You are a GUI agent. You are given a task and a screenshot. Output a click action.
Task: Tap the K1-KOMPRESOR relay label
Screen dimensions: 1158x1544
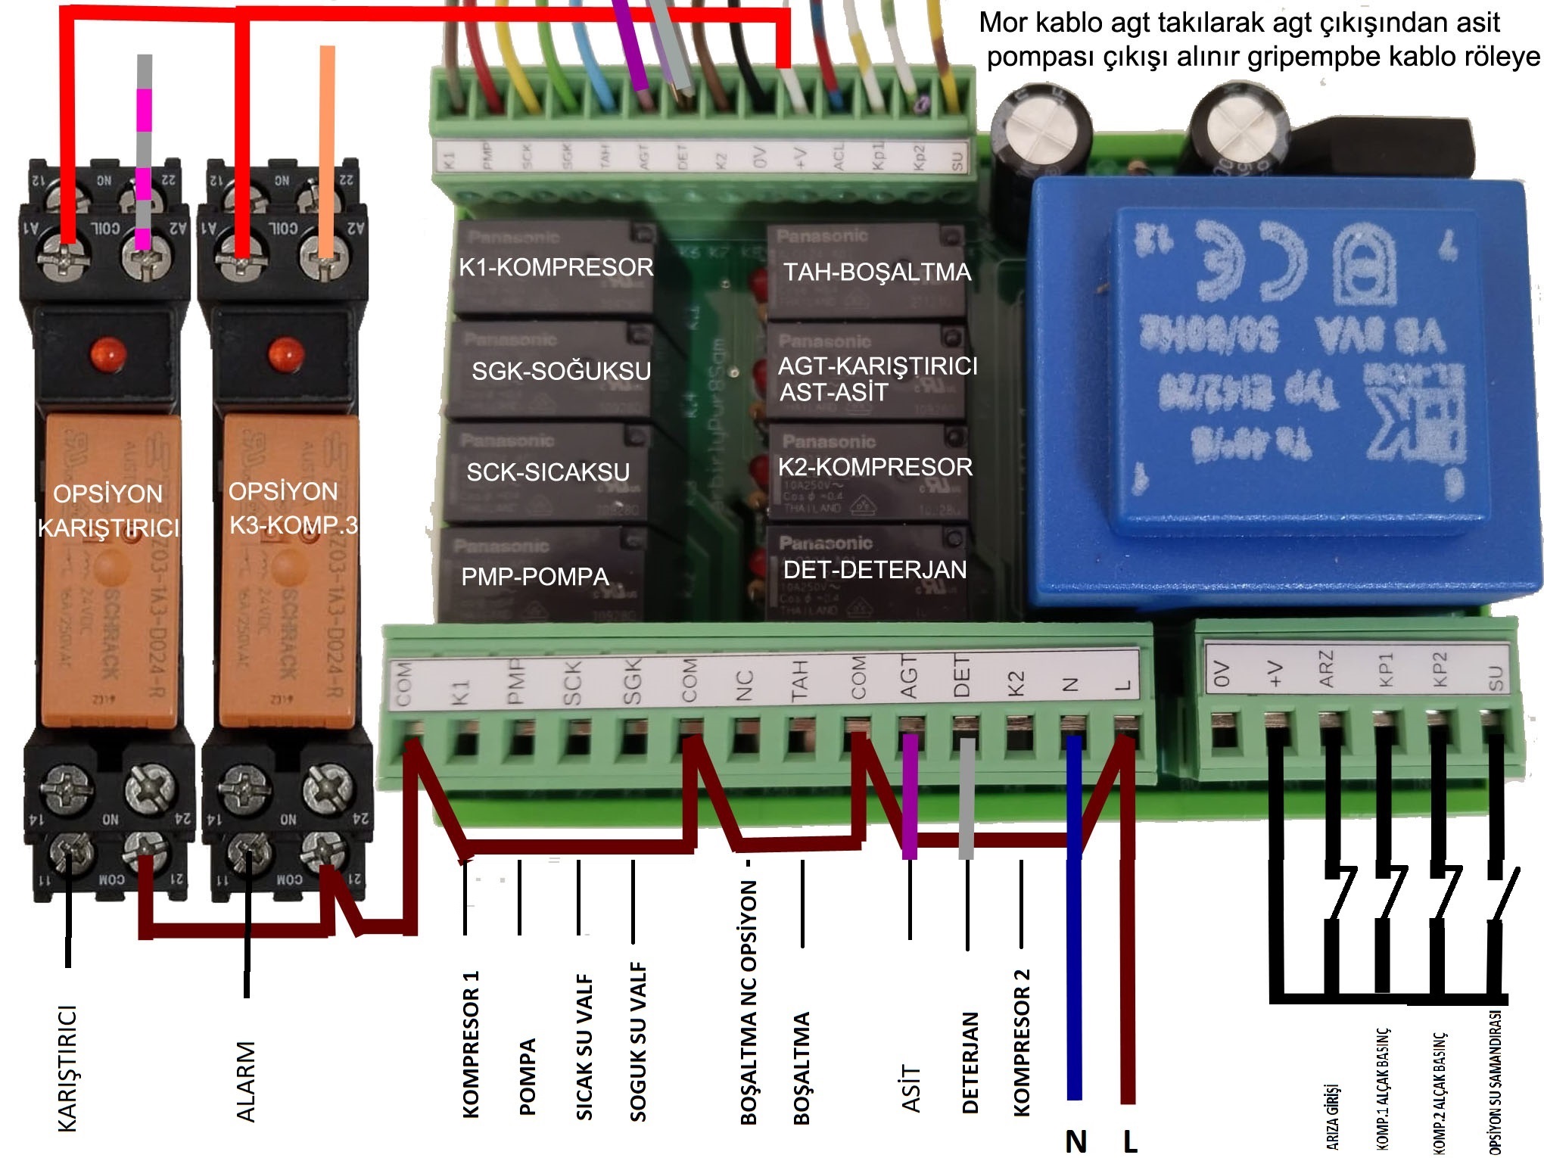click(556, 268)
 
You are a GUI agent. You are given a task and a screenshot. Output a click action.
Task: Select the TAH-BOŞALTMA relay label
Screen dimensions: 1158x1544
click(876, 272)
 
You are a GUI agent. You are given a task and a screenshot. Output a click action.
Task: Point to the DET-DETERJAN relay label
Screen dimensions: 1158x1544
click(875, 570)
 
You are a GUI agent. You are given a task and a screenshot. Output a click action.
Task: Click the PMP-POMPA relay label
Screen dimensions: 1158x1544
click(535, 577)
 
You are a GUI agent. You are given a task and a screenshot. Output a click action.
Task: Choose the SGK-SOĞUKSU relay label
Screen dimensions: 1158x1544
click(561, 371)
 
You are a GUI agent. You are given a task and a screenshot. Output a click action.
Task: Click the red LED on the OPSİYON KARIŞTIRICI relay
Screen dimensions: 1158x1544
click(107, 353)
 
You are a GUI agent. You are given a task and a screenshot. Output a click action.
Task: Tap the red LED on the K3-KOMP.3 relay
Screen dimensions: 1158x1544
click(285, 353)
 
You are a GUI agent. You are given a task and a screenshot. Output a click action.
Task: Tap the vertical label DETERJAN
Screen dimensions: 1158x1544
click(970, 1063)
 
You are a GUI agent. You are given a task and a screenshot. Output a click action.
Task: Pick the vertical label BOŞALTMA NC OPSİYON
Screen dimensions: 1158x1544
click(749, 1002)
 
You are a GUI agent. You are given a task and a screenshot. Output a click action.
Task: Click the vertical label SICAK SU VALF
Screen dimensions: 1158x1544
click(584, 1047)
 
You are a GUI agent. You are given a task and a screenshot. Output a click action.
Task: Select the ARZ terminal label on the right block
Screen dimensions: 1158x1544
click(1326, 670)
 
